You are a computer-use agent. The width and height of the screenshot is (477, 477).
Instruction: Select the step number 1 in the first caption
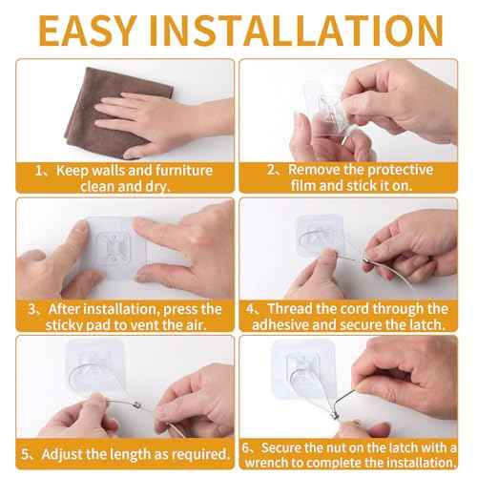tap(39, 171)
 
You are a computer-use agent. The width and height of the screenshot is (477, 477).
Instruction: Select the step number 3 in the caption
tap(33, 309)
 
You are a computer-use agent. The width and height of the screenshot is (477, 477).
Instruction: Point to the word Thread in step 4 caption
tap(293, 309)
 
